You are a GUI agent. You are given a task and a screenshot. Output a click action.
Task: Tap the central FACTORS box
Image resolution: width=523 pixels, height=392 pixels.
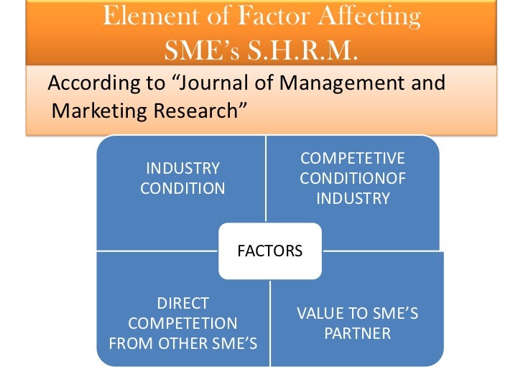coord(269,251)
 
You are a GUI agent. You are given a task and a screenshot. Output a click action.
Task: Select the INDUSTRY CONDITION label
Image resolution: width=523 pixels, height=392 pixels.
coord(182,179)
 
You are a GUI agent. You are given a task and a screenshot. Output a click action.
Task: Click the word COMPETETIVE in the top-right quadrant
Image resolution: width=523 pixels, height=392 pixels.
coord(352,158)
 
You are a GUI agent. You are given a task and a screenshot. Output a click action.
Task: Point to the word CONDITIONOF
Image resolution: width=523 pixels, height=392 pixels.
coord(352,178)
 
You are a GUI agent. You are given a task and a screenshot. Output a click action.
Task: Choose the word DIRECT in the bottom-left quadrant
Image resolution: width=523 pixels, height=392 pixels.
coord(182,303)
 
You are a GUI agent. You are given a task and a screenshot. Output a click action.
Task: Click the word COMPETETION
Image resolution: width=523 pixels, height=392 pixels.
coord(182,323)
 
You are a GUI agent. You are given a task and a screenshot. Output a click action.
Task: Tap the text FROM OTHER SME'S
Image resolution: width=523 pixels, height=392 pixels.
coord(182,343)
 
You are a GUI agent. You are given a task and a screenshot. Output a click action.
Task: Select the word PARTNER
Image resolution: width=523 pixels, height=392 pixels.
coord(357,334)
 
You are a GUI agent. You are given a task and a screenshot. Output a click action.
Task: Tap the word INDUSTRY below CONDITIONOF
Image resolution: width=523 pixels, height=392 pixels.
coord(352,198)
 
